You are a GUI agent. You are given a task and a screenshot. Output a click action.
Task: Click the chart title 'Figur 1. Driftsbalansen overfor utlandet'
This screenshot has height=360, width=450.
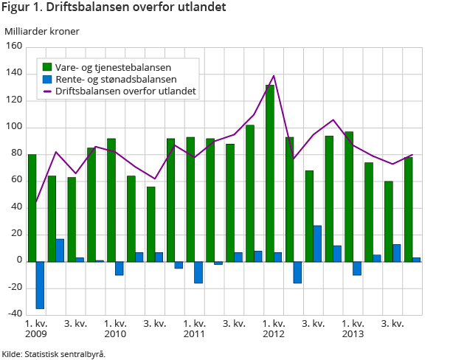[x=114, y=8]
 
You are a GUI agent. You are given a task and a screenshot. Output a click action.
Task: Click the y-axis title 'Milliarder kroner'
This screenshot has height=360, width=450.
[x=42, y=31]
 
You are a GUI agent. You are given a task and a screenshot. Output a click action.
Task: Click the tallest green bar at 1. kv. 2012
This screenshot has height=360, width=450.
[x=270, y=173]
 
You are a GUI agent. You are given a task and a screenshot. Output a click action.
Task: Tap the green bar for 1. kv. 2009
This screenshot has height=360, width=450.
[x=32, y=207]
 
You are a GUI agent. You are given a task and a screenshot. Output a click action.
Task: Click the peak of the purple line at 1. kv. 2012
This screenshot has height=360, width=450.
[x=274, y=75]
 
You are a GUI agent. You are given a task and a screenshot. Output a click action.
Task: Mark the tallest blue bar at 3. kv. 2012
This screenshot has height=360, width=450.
[x=317, y=243]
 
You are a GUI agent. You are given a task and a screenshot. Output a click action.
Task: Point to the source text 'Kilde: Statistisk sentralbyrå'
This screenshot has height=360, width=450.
[x=53, y=353]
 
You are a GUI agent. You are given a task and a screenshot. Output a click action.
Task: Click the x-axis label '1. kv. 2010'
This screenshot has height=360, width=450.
[x=116, y=329]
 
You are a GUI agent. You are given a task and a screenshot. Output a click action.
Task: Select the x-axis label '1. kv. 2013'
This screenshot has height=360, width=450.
[x=353, y=329]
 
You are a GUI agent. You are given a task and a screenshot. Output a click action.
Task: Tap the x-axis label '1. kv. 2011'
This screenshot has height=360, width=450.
[x=195, y=329]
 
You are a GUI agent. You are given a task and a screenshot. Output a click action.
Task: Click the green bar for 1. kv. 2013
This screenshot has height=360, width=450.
[x=349, y=196]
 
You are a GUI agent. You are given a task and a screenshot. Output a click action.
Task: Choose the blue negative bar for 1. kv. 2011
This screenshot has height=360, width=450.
[x=198, y=272]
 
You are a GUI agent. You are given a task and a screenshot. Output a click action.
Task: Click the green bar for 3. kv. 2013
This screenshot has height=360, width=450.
[x=389, y=221]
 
